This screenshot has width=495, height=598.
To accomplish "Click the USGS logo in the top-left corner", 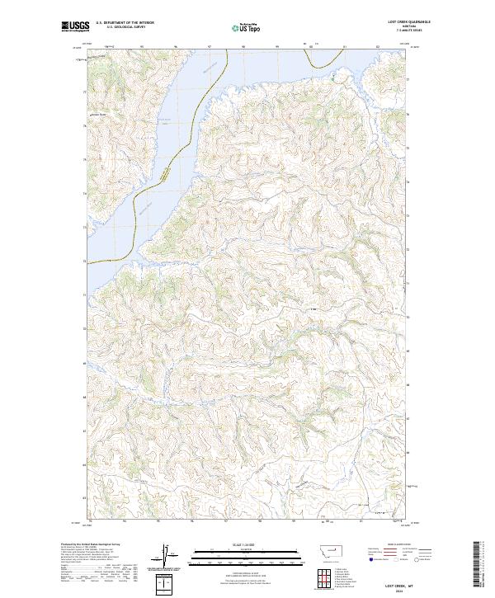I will [x=75, y=26].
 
